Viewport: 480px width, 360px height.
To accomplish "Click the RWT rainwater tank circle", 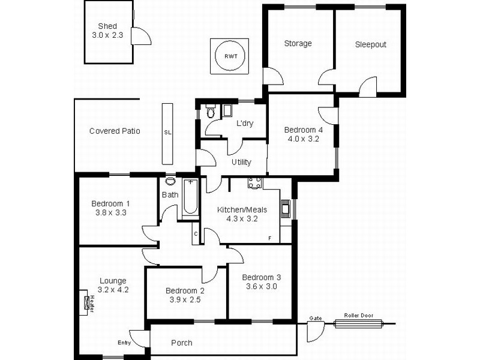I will [x=230, y=56].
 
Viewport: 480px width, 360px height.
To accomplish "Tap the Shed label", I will [x=107, y=26].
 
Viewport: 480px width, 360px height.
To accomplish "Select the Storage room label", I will [x=298, y=43].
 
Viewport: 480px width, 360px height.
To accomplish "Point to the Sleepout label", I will [x=370, y=44].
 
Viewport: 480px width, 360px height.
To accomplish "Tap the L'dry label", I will [x=245, y=124].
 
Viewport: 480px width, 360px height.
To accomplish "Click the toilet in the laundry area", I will [x=210, y=112].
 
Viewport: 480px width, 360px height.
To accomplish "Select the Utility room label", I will [x=241, y=162].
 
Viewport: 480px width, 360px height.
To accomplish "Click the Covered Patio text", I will [x=115, y=131].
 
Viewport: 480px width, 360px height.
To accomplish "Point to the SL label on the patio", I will [x=167, y=133].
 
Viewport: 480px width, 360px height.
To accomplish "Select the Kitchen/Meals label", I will [x=242, y=209].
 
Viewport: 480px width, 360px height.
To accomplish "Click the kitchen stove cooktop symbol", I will [x=254, y=182].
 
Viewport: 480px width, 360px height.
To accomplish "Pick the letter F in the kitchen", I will [x=270, y=238].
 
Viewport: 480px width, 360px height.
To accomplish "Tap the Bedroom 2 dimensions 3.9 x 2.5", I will [x=186, y=299].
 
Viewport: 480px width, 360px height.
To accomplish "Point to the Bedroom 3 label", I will [x=261, y=277].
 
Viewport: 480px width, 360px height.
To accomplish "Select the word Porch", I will [x=182, y=343].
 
